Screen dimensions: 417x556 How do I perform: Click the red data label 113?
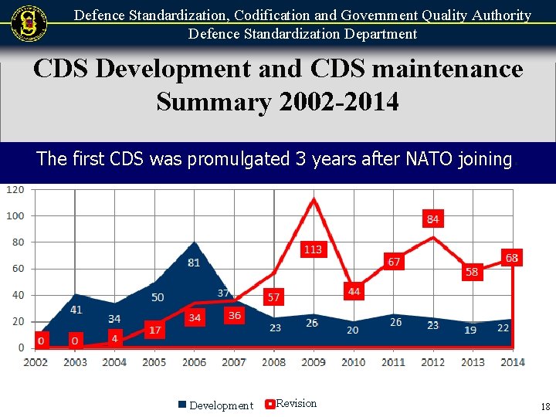[x=313, y=249]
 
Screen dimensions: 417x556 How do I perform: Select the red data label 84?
[x=432, y=219]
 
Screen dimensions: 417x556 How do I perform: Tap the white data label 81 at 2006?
[x=194, y=263]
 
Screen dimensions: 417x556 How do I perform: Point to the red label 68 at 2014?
[x=511, y=257]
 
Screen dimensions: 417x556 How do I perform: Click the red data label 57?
[x=273, y=297]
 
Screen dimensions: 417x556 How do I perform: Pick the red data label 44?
[x=354, y=291]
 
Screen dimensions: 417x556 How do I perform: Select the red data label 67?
[x=394, y=262]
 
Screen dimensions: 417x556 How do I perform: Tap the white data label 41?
[x=76, y=310]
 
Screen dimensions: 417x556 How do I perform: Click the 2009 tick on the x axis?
[x=314, y=362]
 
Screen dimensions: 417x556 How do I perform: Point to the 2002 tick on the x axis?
[x=36, y=362]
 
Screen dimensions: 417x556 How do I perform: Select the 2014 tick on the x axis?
[x=512, y=362]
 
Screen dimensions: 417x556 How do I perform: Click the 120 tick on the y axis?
[x=15, y=189]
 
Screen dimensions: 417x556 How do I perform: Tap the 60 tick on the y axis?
[x=18, y=269]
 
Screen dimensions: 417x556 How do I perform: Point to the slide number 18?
[x=545, y=407]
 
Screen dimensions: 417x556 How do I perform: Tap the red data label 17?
[x=154, y=330]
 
